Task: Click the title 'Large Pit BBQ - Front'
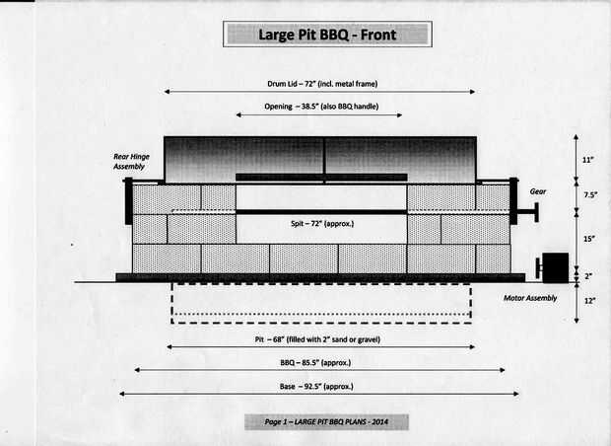(327, 35)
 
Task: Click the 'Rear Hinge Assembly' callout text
(131, 162)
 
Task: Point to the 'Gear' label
(538, 191)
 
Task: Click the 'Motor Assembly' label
(530, 298)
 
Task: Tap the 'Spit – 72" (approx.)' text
(322, 224)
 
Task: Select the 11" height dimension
(588, 160)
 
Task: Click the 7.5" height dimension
(590, 194)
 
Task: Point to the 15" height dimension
(588, 239)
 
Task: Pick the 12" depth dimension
(589, 301)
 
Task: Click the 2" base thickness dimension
(588, 276)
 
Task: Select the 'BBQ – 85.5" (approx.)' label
(315, 363)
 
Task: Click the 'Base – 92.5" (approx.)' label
(316, 387)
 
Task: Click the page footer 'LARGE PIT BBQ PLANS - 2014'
(341, 421)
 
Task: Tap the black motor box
(555, 267)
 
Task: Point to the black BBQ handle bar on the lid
(321, 178)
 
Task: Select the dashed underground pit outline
(321, 323)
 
